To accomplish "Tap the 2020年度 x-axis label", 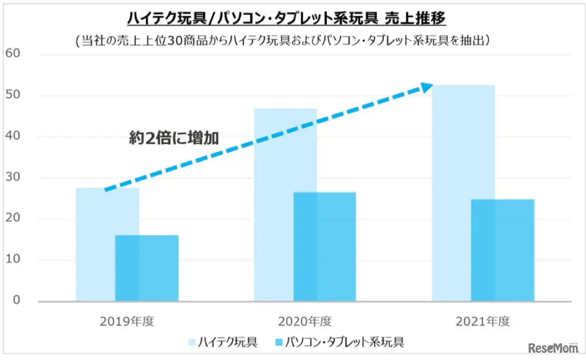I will (x=304, y=321).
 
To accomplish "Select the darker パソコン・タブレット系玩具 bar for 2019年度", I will (x=146, y=268).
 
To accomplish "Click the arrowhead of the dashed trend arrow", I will (x=427, y=87).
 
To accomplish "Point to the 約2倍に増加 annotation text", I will (x=174, y=139).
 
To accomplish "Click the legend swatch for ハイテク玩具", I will (x=192, y=342).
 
